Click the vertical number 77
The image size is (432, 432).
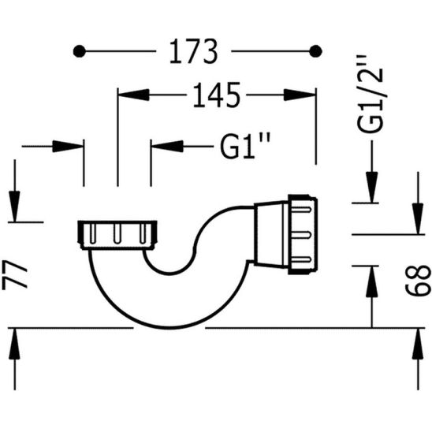click(x=18, y=277)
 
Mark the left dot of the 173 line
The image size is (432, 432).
click(x=79, y=52)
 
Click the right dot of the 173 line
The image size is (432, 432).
click(x=316, y=52)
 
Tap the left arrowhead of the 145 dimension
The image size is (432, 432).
click(x=127, y=95)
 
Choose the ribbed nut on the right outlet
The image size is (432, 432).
click(x=304, y=233)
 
